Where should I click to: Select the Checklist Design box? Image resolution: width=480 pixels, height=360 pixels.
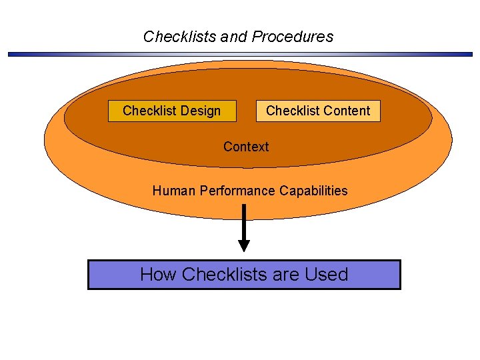tap(172, 111)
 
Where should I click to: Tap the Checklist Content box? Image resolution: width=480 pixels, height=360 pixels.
tap(318, 111)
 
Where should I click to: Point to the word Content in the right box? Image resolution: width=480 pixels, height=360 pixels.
tap(347, 111)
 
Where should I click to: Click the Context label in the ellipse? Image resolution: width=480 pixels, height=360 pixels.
tap(246, 147)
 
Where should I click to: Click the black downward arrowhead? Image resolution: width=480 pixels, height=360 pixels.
tap(244, 245)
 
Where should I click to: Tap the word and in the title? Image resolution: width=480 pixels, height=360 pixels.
tap(233, 37)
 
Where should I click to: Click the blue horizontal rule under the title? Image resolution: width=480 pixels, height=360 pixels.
tap(240, 54)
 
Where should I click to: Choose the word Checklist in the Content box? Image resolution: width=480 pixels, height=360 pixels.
tap(291, 111)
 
